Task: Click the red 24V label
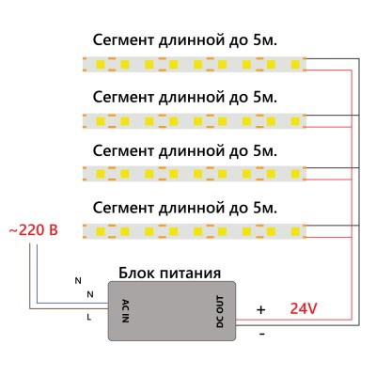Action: (303, 308)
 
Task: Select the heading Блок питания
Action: (169, 273)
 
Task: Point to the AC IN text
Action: (125, 311)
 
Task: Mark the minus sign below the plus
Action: (261, 333)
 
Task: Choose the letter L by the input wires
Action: (89, 318)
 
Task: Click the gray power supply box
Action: (169, 312)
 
